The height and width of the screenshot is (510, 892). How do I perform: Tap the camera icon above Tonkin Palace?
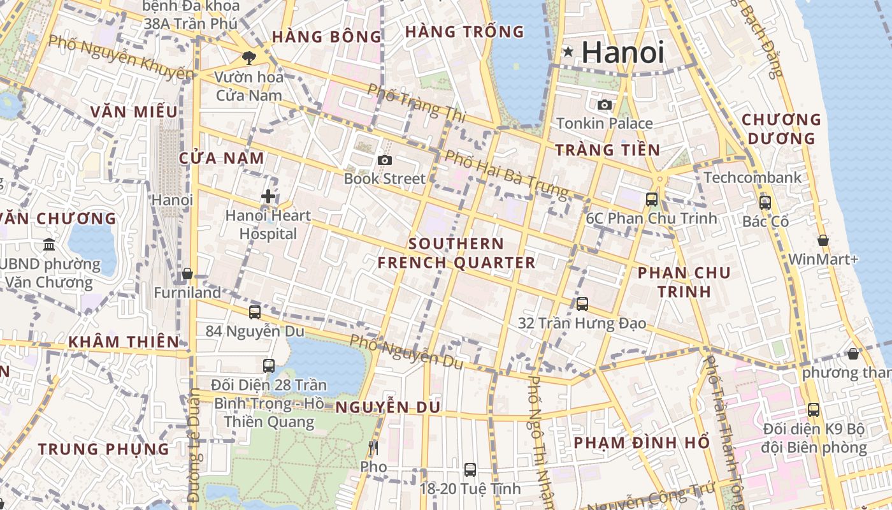click(604, 105)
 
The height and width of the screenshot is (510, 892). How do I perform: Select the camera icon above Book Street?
click(384, 160)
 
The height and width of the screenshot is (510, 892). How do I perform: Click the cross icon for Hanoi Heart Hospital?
click(268, 196)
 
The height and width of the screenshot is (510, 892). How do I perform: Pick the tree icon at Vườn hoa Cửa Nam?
click(248, 58)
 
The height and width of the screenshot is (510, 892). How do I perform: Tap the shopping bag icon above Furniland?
click(187, 274)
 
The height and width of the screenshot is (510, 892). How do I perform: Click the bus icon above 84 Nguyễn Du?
click(255, 312)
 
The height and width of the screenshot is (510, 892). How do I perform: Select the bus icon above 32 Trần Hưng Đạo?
click(582, 304)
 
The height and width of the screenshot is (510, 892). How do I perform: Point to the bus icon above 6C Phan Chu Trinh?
click(651, 199)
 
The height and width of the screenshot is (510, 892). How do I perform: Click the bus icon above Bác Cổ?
click(765, 203)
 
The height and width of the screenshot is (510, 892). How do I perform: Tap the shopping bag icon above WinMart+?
click(823, 240)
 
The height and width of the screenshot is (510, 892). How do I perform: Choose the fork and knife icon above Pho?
click(373, 448)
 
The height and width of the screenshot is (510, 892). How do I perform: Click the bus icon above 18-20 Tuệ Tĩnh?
click(470, 470)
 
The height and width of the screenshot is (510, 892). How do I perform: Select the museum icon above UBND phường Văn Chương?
click(49, 244)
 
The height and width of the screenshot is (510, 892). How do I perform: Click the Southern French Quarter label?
click(456, 253)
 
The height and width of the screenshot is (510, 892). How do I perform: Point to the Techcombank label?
click(752, 177)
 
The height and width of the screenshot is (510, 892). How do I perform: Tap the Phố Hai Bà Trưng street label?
click(506, 173)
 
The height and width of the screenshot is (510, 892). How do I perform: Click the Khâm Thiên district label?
click(124, 342)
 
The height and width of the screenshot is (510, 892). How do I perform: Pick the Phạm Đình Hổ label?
click(642, 442)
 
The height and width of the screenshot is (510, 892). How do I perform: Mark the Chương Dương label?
click(781, 129)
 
